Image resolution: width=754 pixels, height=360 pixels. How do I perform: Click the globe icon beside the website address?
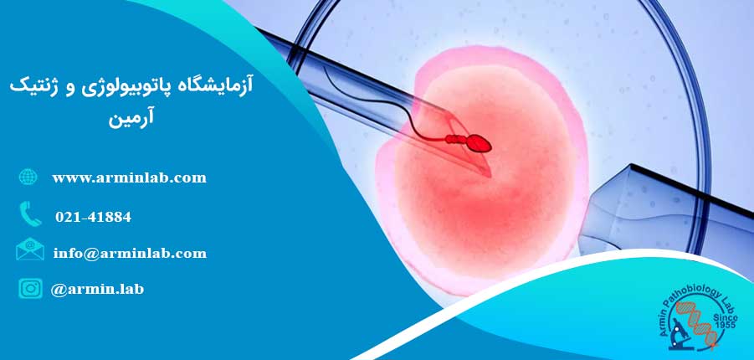[28, 177]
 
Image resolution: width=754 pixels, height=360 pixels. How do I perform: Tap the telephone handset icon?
[29, 215]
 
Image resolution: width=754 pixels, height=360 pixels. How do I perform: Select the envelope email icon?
[29, 250]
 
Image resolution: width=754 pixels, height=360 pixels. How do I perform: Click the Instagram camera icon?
[30, 288]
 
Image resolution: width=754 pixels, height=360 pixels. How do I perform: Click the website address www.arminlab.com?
[129, 177]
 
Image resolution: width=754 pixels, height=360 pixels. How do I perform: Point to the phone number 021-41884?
[93, 217]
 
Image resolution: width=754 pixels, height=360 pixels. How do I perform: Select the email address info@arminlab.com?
[129, 253]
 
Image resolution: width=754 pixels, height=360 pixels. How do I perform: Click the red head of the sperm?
[479, 144]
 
